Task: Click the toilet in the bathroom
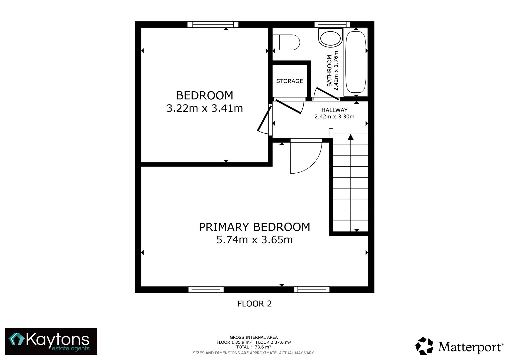click(286, 42)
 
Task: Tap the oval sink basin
click(330, 38)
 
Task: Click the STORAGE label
click(289, 81)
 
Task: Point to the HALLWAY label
click(334, 110)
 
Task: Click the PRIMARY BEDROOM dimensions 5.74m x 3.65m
click(254, 240)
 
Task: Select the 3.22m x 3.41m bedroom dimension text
click(204, 108)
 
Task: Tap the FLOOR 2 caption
click(254, 304)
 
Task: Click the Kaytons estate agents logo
click(51, 341)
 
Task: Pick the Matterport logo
click(459, 346)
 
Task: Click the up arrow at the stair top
click(350, 137)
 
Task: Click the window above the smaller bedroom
click(213, 24)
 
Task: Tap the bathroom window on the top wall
click(332, 24)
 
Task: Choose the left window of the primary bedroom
click(206, 289)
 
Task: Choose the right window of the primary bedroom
click(312, 289)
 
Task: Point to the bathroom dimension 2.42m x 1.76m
click(336, 71)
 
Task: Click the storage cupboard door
click(288, 106)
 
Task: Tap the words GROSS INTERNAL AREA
click(253, 337)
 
